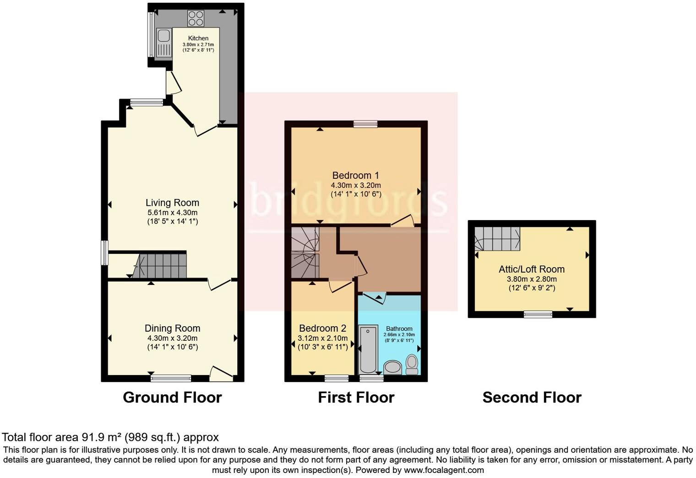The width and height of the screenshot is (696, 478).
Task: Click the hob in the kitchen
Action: (x=196, y=18)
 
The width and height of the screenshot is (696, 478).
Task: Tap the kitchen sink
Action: (x=163, y=43)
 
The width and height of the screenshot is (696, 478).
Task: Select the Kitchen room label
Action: (x=198, y=38)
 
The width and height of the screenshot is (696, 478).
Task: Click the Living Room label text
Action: (x=172, y=203)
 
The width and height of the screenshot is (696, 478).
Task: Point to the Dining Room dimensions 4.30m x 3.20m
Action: (x=172, y=338)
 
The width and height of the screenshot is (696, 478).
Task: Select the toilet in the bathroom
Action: (x=412, y=364)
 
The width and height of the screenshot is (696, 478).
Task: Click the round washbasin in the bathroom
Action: (x=392, y=367)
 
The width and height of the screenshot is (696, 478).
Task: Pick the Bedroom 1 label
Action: (x=356, y=175)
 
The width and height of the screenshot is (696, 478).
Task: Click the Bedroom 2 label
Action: (x=322, y=328)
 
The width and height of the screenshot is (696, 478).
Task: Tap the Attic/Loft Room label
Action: (x=532, y=269)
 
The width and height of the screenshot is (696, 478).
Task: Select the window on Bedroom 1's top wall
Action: (x=365, y=124)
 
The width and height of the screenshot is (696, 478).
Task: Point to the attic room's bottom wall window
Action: (x=538, y=314)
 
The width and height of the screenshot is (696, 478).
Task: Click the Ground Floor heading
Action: (x=172, y=397)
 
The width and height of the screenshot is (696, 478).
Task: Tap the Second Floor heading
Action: (x=532, y=397)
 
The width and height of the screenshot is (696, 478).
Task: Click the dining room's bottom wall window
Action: (x=171, y=378)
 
